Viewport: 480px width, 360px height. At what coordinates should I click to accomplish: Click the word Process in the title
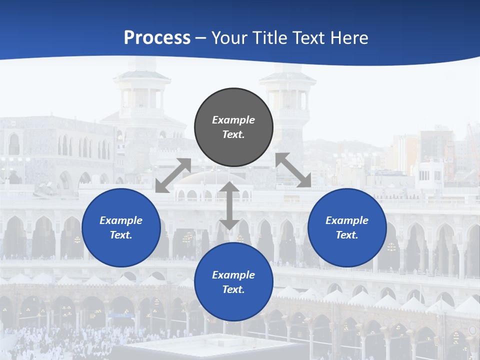click(157, 38)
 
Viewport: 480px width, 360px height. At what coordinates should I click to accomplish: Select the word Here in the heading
click(349, 38)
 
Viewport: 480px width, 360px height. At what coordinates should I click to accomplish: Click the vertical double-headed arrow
click(229, 205)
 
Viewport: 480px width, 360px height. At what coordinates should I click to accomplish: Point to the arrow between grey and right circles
click(293, 170)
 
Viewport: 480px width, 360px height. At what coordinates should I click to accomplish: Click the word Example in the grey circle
click(233, 120)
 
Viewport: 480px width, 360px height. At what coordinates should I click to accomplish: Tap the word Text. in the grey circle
click(233, 134)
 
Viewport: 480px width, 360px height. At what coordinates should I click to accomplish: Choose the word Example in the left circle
click(121, 220)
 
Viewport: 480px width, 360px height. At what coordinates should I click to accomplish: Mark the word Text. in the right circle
click(347, 235)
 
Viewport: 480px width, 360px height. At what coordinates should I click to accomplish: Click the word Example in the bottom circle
click(233, 275)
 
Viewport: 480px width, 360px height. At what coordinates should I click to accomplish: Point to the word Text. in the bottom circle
click(233, 289)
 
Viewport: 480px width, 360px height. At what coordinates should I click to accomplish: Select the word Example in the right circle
click(347, 220)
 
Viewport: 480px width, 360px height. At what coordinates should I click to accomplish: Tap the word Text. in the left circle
click(121, 235)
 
